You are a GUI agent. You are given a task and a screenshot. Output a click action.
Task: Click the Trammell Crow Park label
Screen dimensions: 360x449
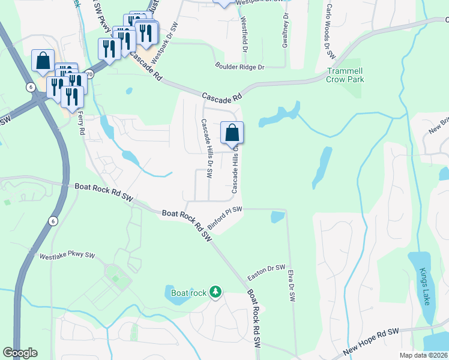pos(345,74)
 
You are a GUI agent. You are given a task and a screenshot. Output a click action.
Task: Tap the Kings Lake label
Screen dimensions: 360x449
pos(425,286)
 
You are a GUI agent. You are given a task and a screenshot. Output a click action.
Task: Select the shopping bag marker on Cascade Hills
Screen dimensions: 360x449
pos(232,133)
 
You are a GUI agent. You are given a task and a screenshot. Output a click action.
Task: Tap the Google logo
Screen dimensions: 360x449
pos(20,353)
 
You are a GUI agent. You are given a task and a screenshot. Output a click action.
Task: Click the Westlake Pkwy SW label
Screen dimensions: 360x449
pos(67,256)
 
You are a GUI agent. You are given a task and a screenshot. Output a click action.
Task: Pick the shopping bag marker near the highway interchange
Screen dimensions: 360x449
pos(43,61)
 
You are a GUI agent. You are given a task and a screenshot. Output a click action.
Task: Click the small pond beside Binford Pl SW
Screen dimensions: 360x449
pos(277,217)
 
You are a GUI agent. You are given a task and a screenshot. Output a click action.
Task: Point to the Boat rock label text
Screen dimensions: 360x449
pos(189,293)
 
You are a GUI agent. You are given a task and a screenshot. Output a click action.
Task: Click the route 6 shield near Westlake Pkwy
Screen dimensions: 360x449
pos(53,221)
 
